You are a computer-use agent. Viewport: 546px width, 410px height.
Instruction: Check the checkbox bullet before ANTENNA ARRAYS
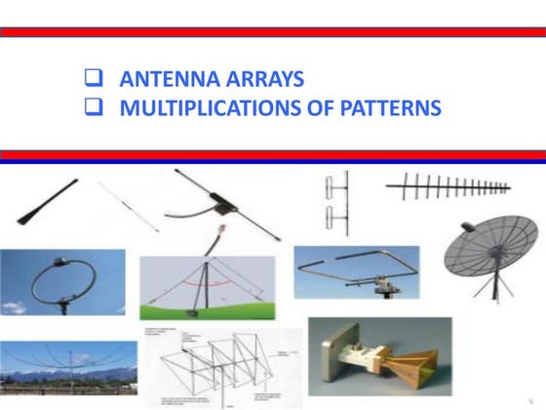tap(96, 80)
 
